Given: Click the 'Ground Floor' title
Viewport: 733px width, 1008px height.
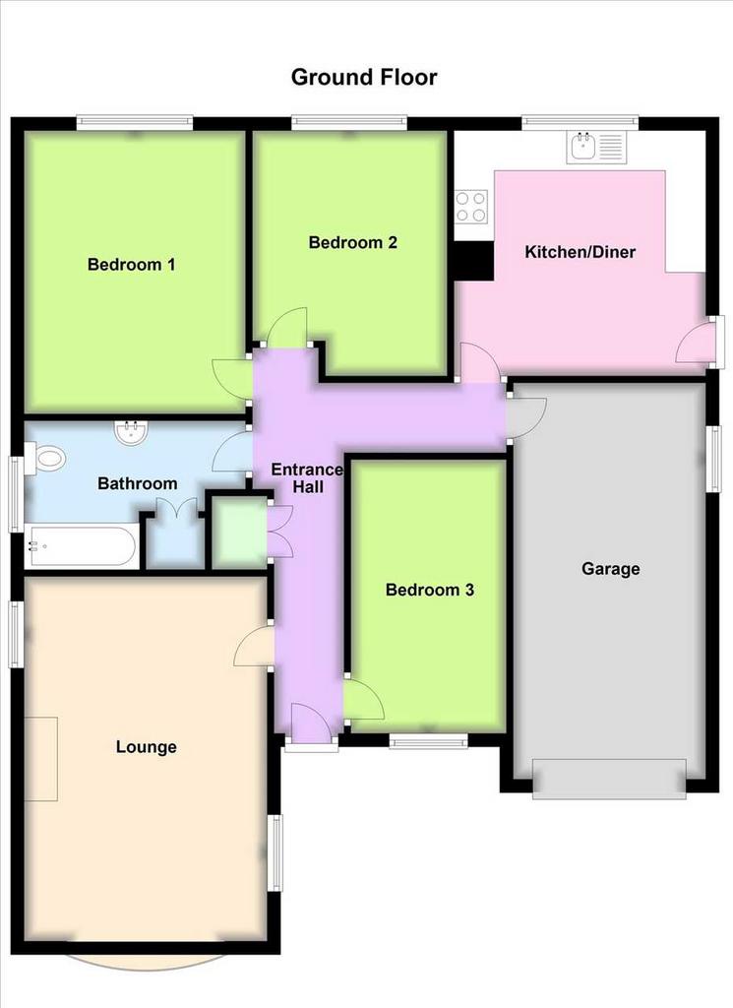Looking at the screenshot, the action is pyautogui.click(x=364, y=77).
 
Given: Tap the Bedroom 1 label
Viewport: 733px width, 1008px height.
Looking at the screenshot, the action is pyautogui.click(x=131, y=264).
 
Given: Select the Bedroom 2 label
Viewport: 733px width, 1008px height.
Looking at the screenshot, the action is pyautogui.click(x=352, y=242).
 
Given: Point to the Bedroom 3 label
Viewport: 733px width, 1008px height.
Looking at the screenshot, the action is pyautogui.click(x=429, y=590).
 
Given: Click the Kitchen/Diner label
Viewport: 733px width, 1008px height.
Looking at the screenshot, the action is pyautogui.click(x=580, y=252).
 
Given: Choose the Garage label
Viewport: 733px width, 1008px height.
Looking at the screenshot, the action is pyautogui.click(x=610, y=569).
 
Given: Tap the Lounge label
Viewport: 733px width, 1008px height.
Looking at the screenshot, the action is pyautogui.click(x=146, y=747).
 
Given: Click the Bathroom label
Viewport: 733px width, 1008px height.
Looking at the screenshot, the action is pyautogui.click(x=138, y=483).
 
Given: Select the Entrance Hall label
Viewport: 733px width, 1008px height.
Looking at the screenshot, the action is pyautogui.click(x=307, y=478).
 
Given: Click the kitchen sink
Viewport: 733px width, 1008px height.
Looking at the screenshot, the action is pyautogui.click(x=595, y=148).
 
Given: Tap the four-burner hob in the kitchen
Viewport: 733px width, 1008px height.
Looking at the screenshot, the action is pyautogui.click(x=471, y=207).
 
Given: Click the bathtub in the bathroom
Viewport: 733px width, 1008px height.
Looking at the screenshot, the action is pyautogui.click(x=82, y=547).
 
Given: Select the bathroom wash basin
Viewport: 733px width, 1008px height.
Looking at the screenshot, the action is pyautogui.click(x=133, y=431).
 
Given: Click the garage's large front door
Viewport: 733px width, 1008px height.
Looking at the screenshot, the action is pyautogui.click(x=609, y=779).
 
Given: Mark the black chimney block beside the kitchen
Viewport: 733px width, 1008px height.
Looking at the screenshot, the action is pyautogui.click(x=473, y=261).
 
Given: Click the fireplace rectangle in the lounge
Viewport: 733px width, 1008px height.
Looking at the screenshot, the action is pyautogui.click(x=41, y=759).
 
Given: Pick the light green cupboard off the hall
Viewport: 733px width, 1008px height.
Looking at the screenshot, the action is pyautogui.click(x=239, y=533).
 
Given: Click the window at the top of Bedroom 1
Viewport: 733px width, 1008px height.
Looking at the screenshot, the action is pyautogui.click(x=134, y=123).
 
